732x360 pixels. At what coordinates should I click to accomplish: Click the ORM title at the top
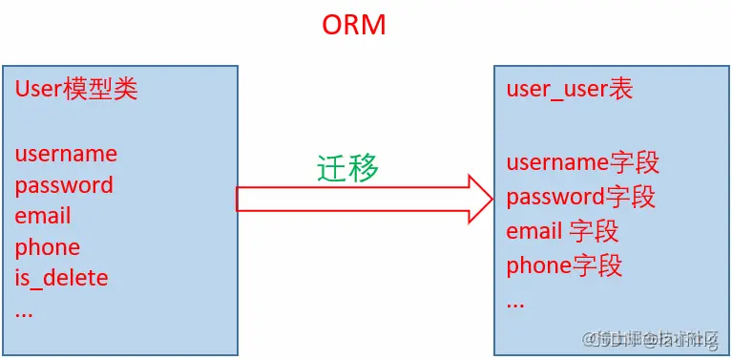(354, 24)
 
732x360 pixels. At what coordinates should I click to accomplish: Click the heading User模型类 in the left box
(76, 90)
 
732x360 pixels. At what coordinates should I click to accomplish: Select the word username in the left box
(66, 154)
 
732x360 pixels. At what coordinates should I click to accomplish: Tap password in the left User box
(64, 185)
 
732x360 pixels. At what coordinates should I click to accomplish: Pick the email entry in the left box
(43, 216)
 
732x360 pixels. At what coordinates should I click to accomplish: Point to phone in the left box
(48, 247)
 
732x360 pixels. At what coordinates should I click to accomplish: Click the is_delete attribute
(61, 278)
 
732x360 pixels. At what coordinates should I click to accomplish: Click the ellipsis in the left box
(24, 311)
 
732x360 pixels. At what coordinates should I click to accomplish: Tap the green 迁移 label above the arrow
(348, 168)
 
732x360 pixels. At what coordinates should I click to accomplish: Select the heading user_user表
(570, 90)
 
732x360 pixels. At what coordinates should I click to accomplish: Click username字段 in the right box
(582, 163)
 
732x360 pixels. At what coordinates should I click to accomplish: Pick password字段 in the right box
(580, 198)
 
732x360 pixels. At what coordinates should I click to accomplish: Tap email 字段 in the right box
(562, 231)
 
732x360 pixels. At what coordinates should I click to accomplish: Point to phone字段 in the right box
(564, 265)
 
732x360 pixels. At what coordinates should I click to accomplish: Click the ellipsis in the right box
(515, 301)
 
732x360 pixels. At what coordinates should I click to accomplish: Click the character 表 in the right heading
(620, 90)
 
